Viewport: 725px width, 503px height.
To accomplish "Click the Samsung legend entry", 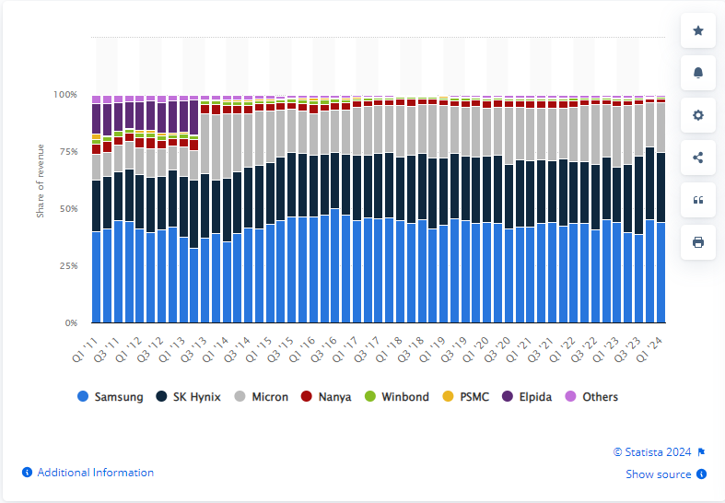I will (x=111, y=397).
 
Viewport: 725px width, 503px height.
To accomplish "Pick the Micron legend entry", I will (x=262, y=397).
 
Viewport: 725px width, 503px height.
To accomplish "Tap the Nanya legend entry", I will (x=326, y=397).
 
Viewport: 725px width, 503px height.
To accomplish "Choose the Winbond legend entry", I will (x=395, y=397).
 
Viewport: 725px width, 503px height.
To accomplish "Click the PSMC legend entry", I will (x=466, y=397).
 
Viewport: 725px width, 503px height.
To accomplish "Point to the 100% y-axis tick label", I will (x=64, y=95).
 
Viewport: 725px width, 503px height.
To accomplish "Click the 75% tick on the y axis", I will (x=67, y=152).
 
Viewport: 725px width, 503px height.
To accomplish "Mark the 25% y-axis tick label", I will (x=67, y=266).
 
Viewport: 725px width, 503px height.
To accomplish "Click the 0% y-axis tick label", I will (x=70, y=323).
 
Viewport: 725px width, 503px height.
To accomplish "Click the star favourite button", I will (x=697, y=30).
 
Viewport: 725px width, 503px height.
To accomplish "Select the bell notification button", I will (x=697, y=73).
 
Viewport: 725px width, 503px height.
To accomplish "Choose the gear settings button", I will (x=697, y=115).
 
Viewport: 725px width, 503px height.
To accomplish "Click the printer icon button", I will (x=697, y=242).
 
